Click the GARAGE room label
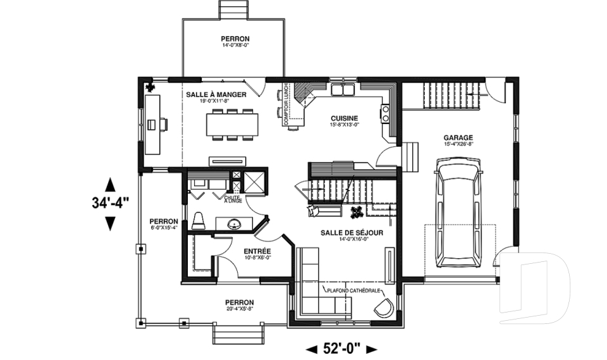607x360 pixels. tap(458, 137)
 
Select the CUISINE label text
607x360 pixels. tap(344, 118)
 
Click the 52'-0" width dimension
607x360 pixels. tap(341, 348)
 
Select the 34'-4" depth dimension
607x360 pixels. tap(110, 203)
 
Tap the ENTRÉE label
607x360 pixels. tap(257, 252)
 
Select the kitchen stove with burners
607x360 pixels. tap(384, 113)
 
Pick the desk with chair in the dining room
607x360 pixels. tap(154, 124)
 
